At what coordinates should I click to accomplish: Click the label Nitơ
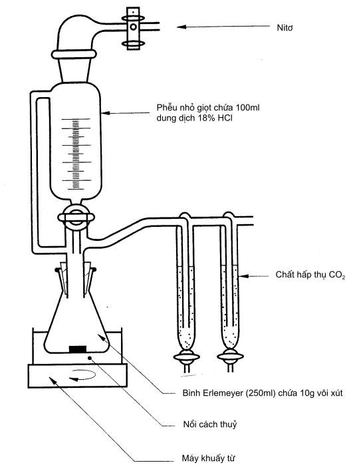click(285, 28)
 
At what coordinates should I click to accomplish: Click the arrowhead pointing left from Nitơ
click(181, 27)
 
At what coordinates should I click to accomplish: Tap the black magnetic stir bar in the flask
click(78, 349)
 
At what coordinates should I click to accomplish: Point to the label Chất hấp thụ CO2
click(310, 275)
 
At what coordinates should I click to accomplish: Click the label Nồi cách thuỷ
click(210, 424)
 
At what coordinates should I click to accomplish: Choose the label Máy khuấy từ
click(208, 458)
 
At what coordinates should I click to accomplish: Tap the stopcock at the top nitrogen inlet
click(133, 28)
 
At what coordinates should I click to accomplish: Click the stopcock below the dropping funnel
click(76, 217)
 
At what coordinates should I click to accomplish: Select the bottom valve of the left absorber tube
click(186, 357)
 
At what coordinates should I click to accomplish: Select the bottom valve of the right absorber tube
click(230, 356)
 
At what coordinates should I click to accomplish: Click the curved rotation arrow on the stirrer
click(83, 375)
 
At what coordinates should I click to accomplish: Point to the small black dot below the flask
click(89, 358)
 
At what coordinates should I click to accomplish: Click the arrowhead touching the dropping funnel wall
click(106, 113)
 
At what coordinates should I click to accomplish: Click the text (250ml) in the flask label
click(261, 393)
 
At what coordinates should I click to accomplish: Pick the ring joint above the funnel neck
click(74, 54)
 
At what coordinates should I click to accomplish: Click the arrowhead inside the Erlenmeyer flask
click(102, 338)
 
